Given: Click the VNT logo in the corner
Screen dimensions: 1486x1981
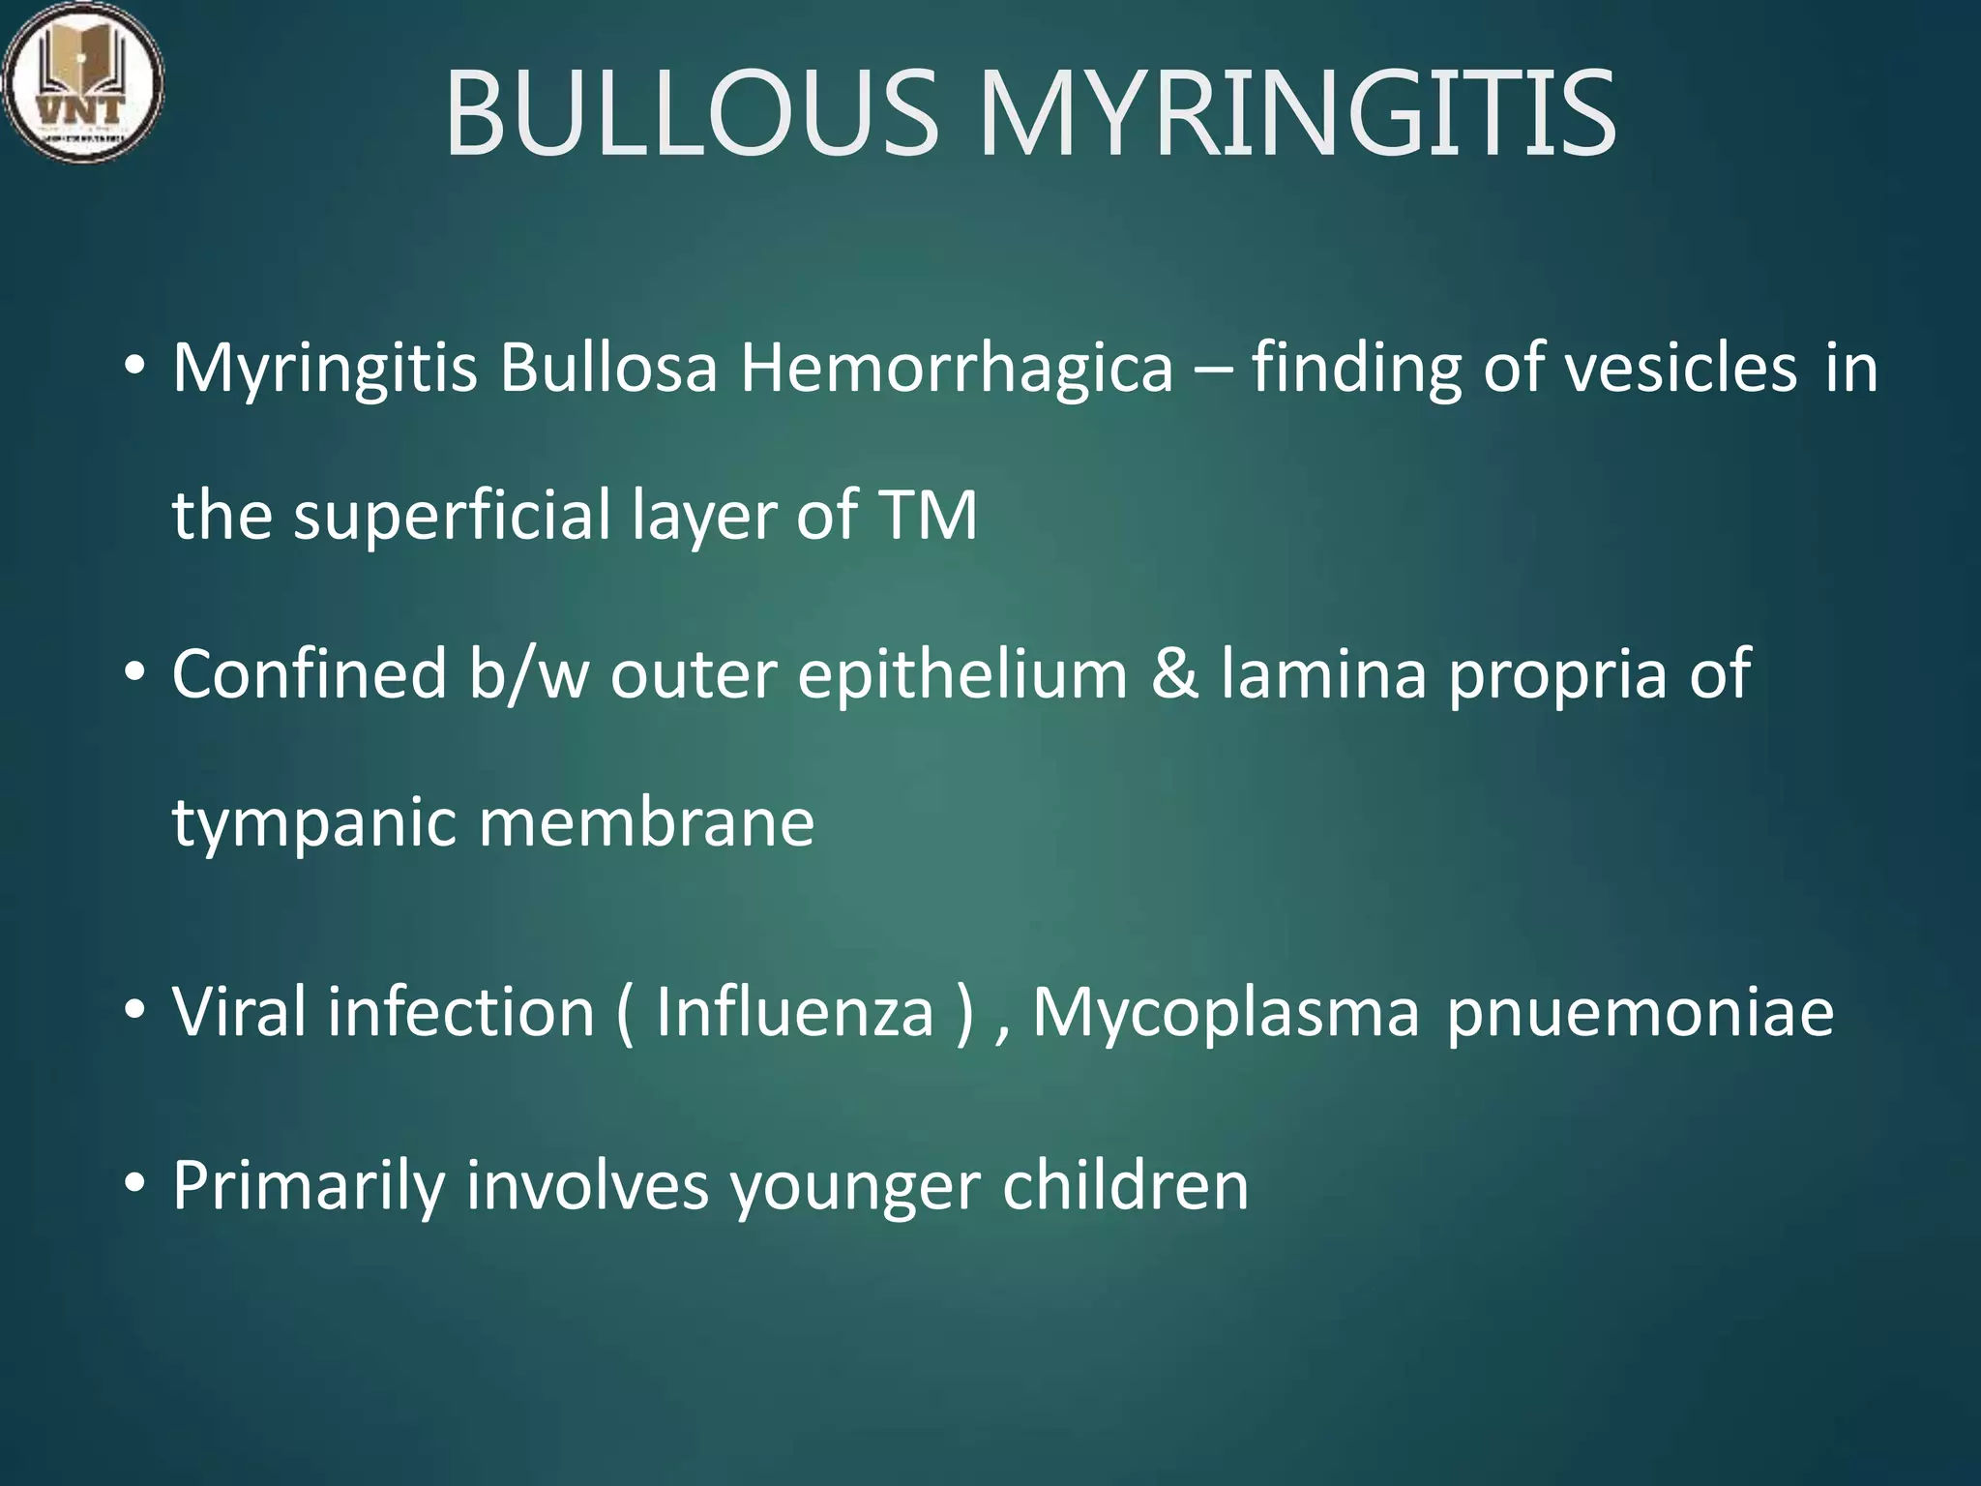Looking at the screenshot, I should click(82, 82).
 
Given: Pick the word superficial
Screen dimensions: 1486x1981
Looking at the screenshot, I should click(453, 515).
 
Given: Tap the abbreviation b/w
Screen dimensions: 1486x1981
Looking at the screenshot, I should click(528, 673).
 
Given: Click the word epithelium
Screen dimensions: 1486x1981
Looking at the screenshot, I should click(962, 675).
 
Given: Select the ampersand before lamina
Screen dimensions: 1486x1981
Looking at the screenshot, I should click(1174, 674).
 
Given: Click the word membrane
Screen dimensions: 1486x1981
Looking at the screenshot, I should click(646, 822).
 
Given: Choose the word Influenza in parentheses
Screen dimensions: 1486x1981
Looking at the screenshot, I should click(794, 1012).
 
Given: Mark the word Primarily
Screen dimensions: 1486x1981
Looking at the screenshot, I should click(308, 1186).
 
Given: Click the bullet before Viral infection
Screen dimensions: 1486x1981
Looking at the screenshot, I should click(134, 1011).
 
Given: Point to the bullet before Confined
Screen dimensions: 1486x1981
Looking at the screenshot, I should click(134, 672).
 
